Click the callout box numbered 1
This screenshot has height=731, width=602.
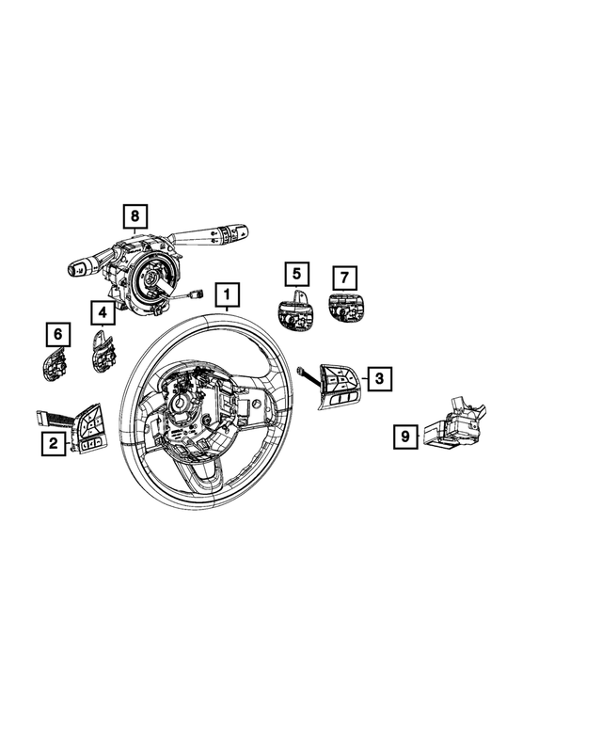tap(226, 298)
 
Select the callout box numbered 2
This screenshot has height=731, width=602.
tap(54, 443)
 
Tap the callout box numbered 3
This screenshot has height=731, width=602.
tap(379, 379)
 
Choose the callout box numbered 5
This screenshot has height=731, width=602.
tap(296, 275)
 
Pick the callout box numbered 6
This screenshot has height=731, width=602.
tap(57, 334)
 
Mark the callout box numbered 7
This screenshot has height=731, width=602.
tap(344, 278)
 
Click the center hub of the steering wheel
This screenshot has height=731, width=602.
tap(183, 406)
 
